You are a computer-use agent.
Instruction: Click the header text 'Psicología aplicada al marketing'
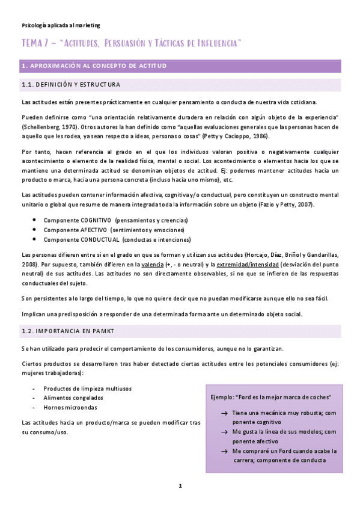tap(60, 25)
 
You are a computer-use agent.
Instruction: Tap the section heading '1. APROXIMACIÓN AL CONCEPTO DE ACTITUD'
tap(94, 66)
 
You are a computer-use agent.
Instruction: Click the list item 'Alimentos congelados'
tap(73, 398)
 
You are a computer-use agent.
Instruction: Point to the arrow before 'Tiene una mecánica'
tap(224, 413)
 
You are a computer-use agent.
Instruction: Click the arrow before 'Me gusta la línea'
tap(224, 432)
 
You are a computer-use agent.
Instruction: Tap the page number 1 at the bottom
tap(180, 485)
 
